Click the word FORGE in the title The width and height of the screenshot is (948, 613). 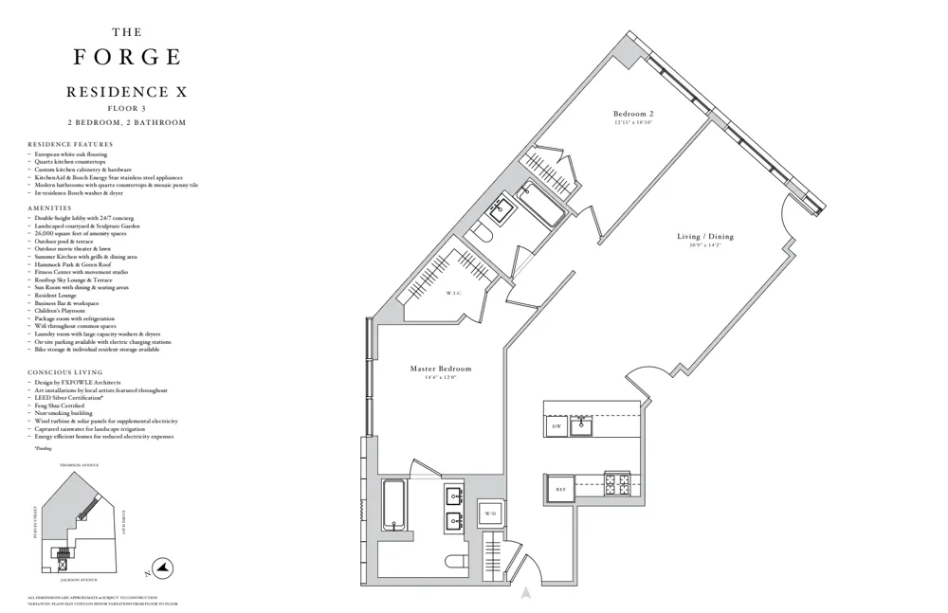click(x=127, y=58)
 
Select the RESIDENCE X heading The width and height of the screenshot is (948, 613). click(x=127, y=93)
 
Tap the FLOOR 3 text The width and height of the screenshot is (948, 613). click(x=127, y=109)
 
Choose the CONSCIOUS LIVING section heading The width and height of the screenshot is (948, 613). click(x=64, y=372)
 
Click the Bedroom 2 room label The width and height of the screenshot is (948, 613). click(x=633, y=114)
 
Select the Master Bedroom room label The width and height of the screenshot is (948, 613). click(x=440, y=369)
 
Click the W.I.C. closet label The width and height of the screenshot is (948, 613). click(x=453, y=293)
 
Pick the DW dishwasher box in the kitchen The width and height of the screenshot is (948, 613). click(x=556, y=428)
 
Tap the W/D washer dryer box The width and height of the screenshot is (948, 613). click(x=490, y=514)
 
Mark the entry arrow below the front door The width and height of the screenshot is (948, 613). click(x=524, y=594)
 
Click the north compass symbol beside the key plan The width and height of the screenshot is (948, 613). click(x=162, y=567)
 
